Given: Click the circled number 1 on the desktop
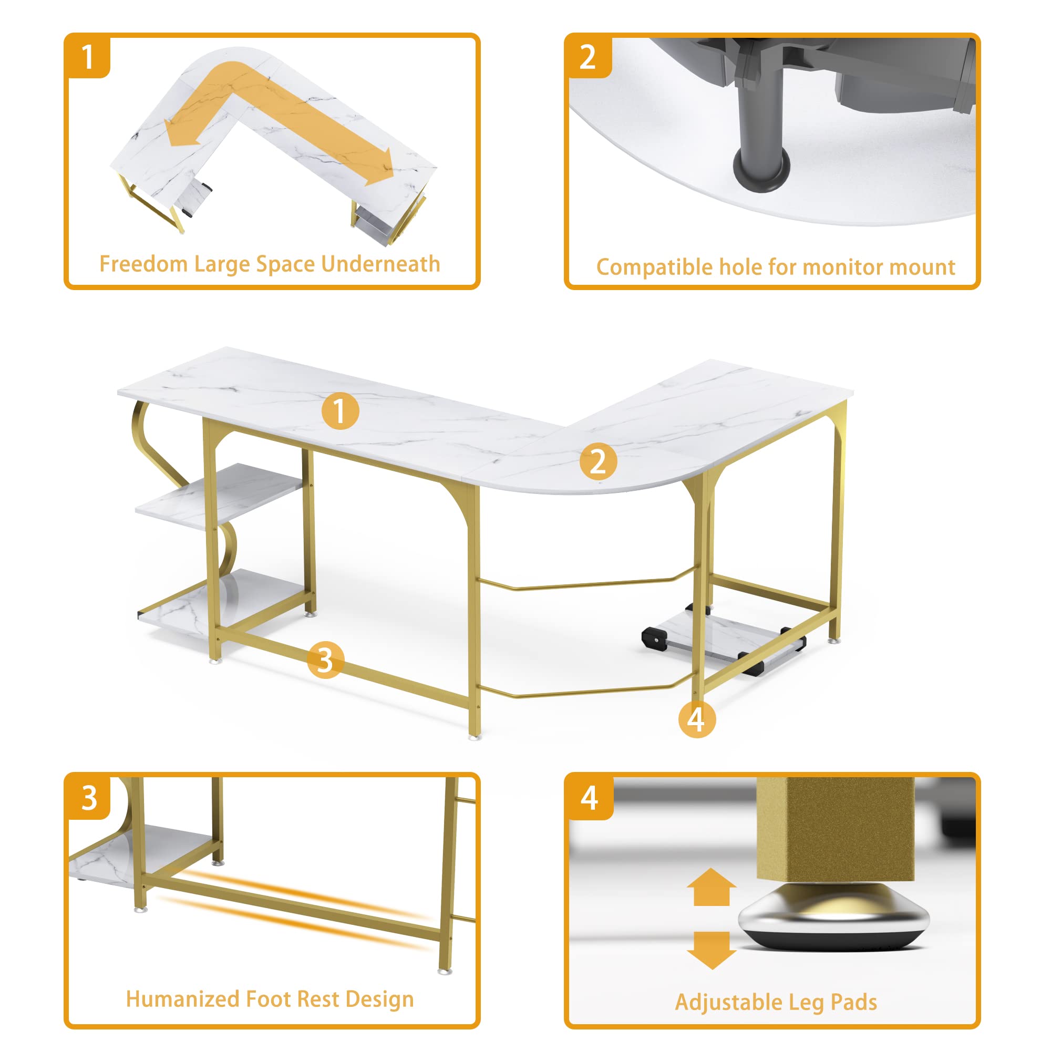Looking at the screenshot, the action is click(x=340, y=411).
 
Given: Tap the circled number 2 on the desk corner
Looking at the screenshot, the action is click(x=598, y=462).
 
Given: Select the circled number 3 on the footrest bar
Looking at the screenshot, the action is click(x=325, y=660).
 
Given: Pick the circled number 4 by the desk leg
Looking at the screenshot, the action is click(x=697, y=719).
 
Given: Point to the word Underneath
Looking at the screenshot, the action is click(x=380, y=264).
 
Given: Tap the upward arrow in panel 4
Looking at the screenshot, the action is click(x=711, y=887).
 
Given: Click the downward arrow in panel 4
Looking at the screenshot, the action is click(x=711, y=950).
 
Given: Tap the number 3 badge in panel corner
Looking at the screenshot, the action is click(x=89, y=799).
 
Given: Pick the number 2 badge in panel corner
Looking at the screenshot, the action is click(x=588, y=58).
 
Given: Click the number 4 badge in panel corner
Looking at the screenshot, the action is click(x=590, y=799).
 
